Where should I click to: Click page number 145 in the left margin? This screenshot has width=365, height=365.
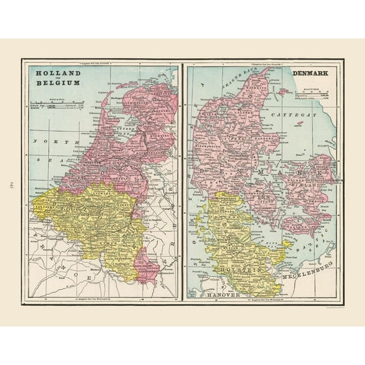pyautogui.click(x=11, y=184)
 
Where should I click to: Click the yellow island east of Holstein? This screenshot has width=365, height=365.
pyautogui.click(x=286, y=243)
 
